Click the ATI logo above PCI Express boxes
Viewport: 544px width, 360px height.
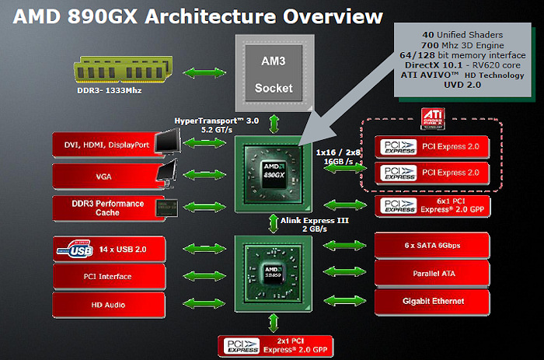click(x=432, y=118)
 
